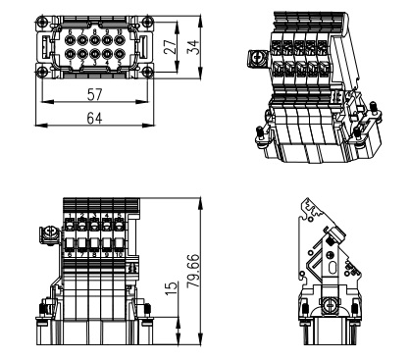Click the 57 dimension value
point(94,95)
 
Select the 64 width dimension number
point(94,118)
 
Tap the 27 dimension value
point(170,47)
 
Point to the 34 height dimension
point(193,47)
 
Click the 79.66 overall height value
point(193,271)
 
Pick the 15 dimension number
point(172,288)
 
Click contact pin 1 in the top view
point(70,53)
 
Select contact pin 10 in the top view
point(120,40)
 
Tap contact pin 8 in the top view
point(94,40)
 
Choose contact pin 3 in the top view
point(94,53)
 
